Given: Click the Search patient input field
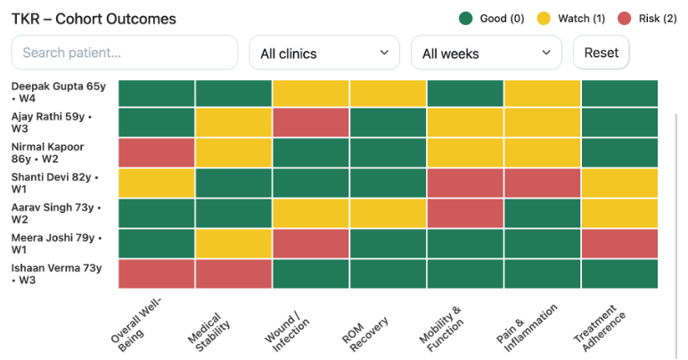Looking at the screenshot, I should coord(124,53).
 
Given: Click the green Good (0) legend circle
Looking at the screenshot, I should coord(465,19).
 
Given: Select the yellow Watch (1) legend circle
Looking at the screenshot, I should coord(544,19).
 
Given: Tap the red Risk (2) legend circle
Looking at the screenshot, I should coord(625,19).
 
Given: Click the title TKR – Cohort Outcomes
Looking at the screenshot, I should coord(94,19).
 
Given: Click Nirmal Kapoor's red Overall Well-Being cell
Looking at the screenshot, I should coord(156,153).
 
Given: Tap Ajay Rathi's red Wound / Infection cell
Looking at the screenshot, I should coord(311,123).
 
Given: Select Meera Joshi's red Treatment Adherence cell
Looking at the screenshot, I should coord(619,243).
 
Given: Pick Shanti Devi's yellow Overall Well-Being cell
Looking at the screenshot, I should coord(156,183).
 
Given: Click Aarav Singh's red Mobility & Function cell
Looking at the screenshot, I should coord(465,213).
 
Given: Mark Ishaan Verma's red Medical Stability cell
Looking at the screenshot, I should coord(233,274).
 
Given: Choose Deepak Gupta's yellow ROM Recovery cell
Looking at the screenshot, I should coord(388,93).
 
